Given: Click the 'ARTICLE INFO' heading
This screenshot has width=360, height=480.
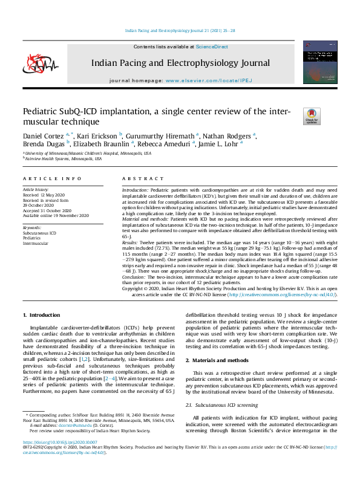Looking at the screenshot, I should pos(51,180).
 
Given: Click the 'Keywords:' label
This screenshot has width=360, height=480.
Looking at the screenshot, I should pos(34,227).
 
